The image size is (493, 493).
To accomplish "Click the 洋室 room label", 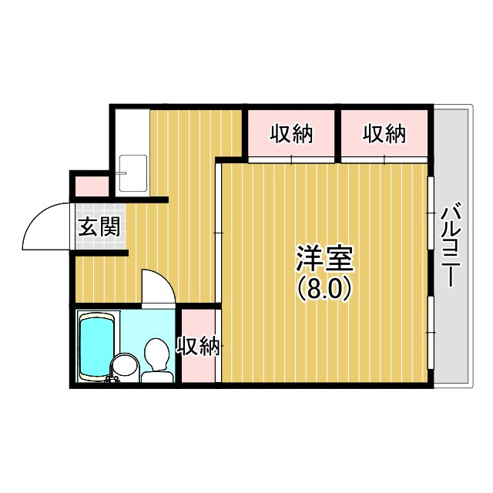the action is point(324,258).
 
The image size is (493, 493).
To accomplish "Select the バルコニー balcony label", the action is point(451,245).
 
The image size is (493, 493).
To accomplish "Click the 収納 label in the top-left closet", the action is point(292,134).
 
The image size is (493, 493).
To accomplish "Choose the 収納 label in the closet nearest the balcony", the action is point(384,134).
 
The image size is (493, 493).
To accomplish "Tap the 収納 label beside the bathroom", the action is point(199,346).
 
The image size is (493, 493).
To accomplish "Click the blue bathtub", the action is point(96,346).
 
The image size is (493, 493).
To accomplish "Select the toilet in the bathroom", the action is point(156,360).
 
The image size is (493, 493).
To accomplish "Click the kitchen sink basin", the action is point(133,173).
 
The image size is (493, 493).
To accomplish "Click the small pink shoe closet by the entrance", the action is point(92,186).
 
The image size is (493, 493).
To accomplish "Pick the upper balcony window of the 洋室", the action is point(431,213).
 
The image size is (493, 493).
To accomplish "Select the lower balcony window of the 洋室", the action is point(431,332).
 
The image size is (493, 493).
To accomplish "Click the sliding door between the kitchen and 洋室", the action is point(218,233).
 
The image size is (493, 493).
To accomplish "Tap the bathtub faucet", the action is point(111,378).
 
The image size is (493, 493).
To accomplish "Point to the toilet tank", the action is point(157,377).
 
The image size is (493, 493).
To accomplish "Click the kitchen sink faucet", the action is point(121,173).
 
